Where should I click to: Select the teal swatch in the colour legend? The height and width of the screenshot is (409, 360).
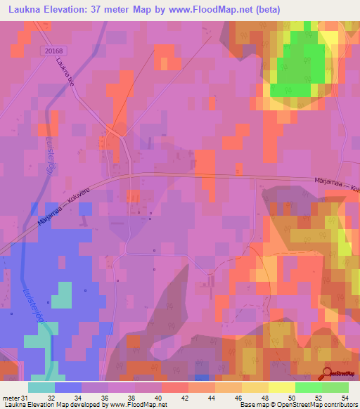click(x=41, y=387)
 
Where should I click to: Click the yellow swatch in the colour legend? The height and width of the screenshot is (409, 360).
click(x=281, y=387)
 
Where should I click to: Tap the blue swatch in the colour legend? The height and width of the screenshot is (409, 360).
click(x=68, y=387)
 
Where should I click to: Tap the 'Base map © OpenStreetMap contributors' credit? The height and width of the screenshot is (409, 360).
click(x=298, y=405)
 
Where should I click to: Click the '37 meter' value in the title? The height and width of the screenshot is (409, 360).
click(x=105, y=10)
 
